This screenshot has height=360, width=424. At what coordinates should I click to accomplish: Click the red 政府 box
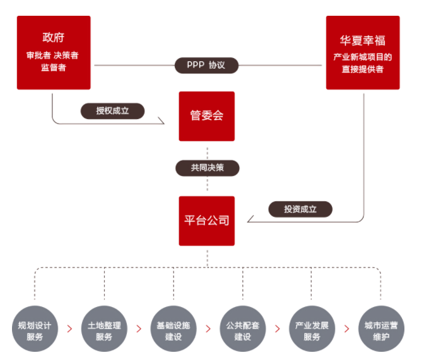click(54, 53)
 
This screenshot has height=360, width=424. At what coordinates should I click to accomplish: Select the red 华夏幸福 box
click(362, 53)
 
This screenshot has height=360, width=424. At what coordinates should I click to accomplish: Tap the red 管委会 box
click(206, 116)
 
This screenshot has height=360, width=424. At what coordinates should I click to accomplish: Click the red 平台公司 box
click(206, 221)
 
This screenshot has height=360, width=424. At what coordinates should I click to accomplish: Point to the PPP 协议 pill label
click(206, 65)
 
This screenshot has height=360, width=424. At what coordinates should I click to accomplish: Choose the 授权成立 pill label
click(112, 111)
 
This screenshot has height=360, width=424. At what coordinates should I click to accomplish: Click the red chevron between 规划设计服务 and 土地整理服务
click(70, 329)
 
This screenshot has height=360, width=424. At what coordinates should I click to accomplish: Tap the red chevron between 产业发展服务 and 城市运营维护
click(346, 329)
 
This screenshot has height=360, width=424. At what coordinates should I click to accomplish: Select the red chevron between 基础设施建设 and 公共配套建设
click(208, 329)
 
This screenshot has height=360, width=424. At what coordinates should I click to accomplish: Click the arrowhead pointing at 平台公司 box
click(249, 221)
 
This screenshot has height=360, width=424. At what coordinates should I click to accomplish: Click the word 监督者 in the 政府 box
click(54, 67)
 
